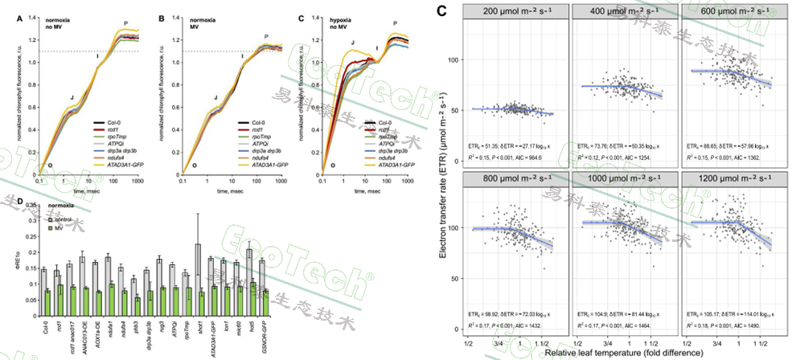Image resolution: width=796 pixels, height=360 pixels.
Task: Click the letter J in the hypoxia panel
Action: point(352,41)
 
